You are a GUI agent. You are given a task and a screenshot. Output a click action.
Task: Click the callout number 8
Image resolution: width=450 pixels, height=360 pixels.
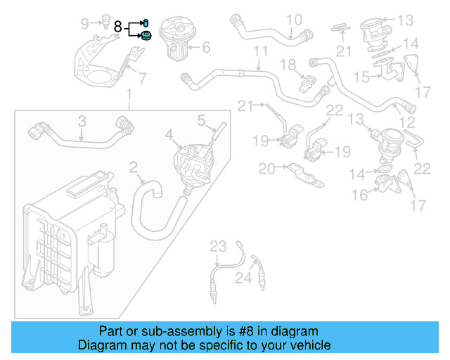coord(118,27)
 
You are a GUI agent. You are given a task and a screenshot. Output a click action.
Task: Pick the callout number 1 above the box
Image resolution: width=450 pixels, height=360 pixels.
coord(128,94)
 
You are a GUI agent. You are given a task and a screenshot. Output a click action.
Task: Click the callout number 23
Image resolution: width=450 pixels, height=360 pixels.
coord(219,246)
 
